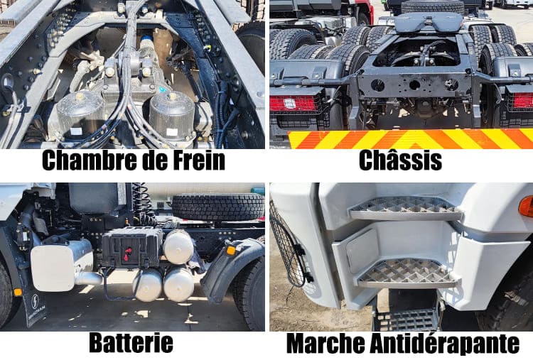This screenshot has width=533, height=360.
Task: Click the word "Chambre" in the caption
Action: click(84, 160)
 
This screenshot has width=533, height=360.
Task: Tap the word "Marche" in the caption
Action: click(322, 344)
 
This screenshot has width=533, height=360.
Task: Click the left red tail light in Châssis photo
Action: click(293, 104)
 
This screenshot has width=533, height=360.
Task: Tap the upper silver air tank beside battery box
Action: click(178, 246)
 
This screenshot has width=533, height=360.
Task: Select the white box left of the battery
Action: click(61, 264)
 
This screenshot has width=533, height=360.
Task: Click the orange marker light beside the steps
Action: click(525, 206)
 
